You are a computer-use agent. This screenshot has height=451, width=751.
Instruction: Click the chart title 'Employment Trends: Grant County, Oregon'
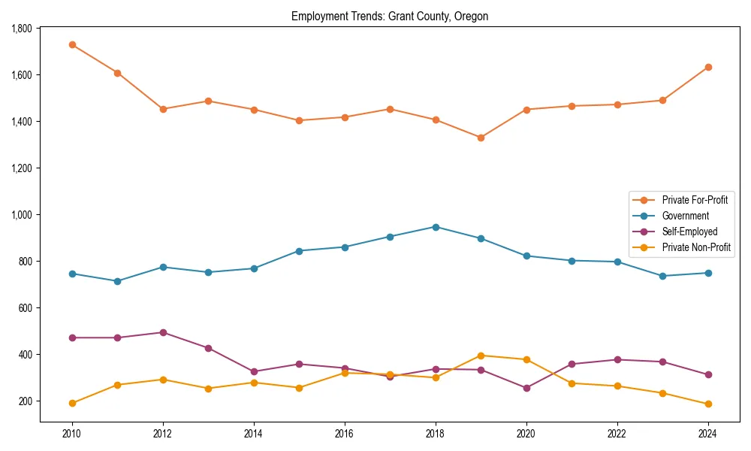(390, 17)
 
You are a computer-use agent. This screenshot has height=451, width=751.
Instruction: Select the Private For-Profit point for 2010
(72, 45)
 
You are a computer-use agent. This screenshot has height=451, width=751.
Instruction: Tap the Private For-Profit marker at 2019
(481, 138)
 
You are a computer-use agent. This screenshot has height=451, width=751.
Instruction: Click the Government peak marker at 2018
(436, 227)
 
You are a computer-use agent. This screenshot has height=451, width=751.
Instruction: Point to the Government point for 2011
(117, 281)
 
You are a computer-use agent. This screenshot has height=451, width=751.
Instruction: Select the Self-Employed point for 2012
(163, 332)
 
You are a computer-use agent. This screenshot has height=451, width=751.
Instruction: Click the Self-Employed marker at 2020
(526, 388)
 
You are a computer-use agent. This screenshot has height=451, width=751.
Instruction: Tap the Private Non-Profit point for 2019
(481, 356)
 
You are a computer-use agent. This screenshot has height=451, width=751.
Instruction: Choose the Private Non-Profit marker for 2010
(72, 403)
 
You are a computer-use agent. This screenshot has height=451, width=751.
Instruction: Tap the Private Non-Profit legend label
(696, 247)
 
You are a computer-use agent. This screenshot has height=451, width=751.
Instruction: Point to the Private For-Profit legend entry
(695, 200)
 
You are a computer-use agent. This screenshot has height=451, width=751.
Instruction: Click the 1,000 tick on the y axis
(22, 215)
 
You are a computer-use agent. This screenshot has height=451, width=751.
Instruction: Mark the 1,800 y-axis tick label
(22, 29)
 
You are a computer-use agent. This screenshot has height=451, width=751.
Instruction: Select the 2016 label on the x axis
(345, 433)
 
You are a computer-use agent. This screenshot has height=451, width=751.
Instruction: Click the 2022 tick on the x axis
(617, 433)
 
